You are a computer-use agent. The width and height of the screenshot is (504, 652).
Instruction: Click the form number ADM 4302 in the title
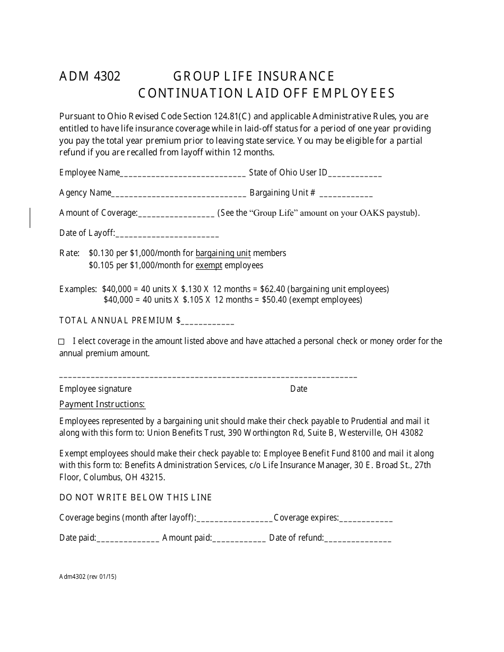pos(90,76)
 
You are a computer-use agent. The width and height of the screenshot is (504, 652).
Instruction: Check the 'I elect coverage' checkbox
pos(62,342)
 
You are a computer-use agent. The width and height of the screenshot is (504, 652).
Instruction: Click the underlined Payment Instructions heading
pos(102,404)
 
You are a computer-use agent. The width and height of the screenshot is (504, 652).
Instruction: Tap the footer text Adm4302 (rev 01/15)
pos(88,577)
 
